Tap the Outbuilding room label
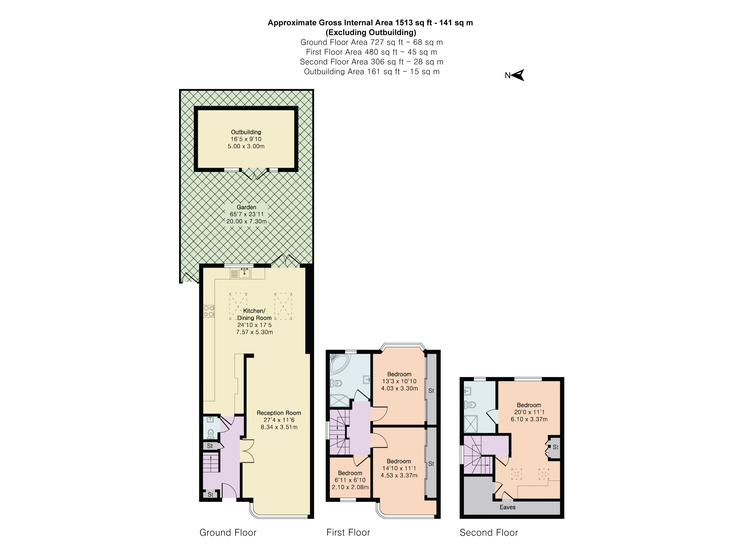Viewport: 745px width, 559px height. tap(246, 132)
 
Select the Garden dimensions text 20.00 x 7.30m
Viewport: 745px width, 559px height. tap(246, 221)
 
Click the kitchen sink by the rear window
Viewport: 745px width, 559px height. tap(244, 273)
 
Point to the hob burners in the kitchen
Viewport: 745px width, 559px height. tap(209, 311)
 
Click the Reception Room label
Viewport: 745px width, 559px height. tap(279, 413)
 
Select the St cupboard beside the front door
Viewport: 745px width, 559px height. tap(210, 494)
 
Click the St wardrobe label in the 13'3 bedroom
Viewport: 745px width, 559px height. tap(431, 390)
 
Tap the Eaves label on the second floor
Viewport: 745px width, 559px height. tap(507, 507)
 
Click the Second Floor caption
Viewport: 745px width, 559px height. tap(488, 533)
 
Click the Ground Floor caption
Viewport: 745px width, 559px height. tap(228, 533)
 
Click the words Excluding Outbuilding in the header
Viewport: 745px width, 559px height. tap(370, 32)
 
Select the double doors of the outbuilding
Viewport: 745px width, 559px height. tap(255, 173)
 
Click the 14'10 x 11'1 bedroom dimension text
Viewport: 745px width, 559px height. tap(399, 468)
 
